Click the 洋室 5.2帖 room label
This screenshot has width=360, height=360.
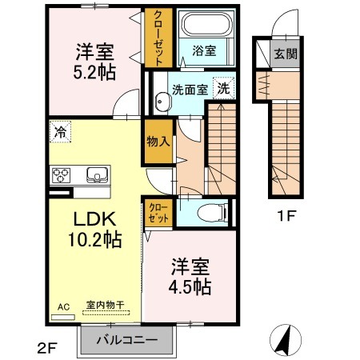click(95, 60)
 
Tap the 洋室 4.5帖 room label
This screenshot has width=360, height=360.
click(189, 275)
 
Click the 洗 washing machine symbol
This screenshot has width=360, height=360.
click(225, 88)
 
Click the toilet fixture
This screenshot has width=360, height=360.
click(214, 213)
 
